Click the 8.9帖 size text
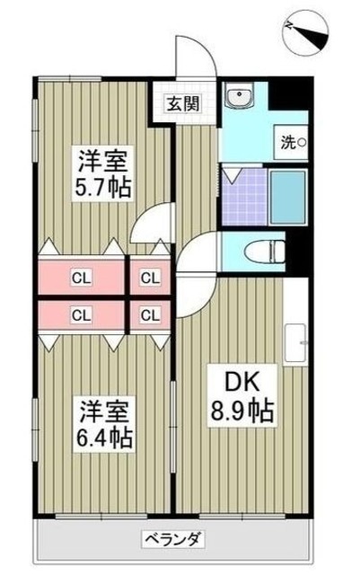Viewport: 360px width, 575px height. pos(243,413)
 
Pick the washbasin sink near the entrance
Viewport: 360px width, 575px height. pos(241,98)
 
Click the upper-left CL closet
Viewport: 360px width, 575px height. pos(81,278)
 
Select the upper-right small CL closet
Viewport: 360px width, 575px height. pos(150,278)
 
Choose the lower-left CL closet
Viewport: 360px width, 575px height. pos(81,314)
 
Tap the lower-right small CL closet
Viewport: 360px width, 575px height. pos(150,314)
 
